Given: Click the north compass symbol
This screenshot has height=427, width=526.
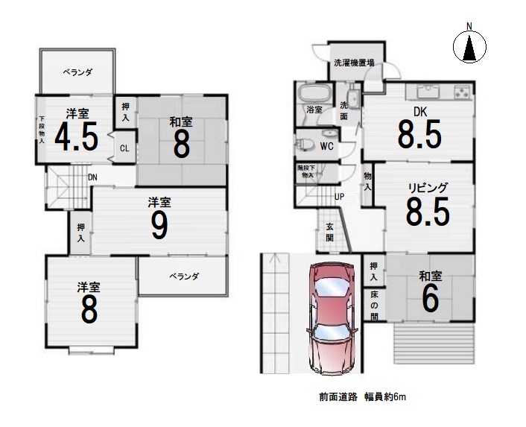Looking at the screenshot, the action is [469, 47].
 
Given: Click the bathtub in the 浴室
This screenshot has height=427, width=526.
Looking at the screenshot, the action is [314, 92].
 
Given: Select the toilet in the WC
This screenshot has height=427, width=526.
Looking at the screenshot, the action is [305, 145].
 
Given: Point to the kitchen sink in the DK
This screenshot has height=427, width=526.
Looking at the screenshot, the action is [428, 91].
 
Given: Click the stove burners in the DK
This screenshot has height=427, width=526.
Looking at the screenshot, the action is [462, 92].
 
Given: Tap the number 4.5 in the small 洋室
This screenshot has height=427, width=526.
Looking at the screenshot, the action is [77, 136].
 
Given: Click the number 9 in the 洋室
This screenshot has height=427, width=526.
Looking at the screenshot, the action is [159, 225].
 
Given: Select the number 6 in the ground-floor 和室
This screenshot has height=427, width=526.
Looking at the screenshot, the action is [430, 300].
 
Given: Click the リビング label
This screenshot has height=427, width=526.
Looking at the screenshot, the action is [428, 188].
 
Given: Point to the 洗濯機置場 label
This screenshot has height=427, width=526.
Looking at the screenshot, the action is [354, 63].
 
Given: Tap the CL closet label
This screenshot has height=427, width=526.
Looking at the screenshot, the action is [124, 148].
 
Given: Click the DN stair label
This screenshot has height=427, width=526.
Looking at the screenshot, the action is [92, 177].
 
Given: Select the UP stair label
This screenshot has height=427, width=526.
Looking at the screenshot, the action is [340, 197].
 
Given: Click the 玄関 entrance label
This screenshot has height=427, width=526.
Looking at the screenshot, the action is [330, 232].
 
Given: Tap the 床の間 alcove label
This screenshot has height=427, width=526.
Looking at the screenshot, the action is [374, 306].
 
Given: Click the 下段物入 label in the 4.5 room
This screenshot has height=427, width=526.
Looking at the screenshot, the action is [42, 130].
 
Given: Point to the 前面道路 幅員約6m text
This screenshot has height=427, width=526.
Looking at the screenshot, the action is [363, 397].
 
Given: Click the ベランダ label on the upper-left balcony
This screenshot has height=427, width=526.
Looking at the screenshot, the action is [77, 72].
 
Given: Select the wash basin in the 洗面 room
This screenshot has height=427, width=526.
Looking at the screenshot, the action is [353, 98].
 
